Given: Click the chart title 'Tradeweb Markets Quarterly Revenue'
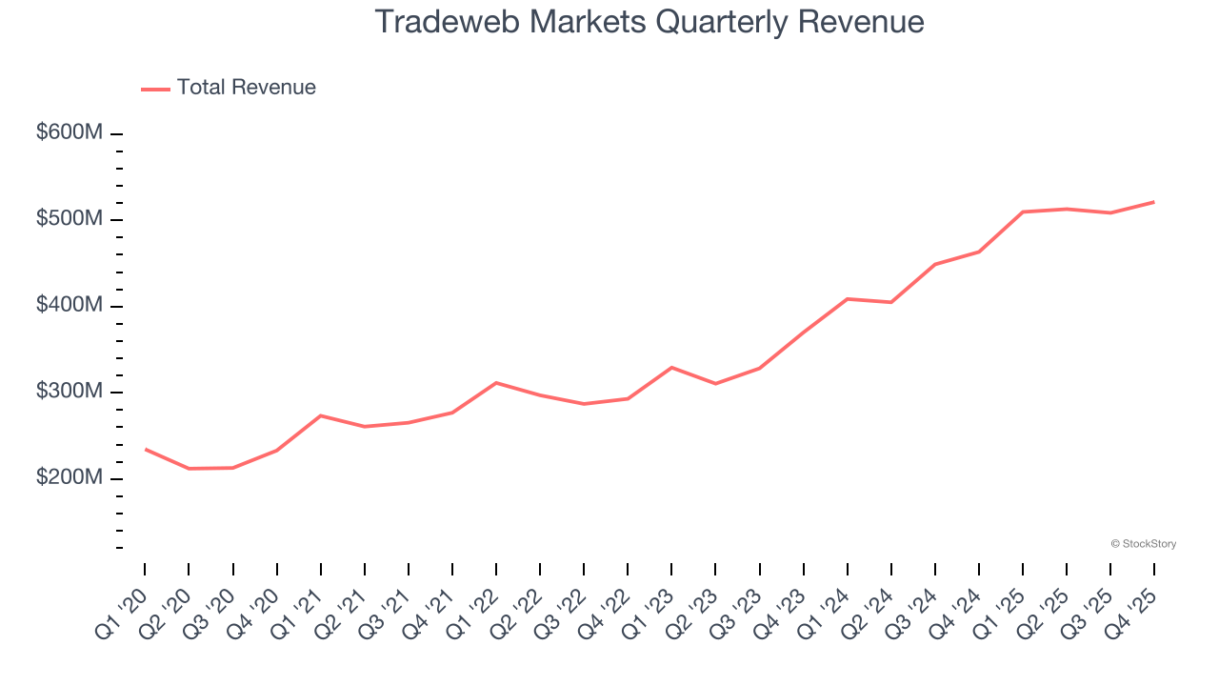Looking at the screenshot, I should point(649,22).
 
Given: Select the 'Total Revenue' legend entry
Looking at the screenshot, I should point(246,88).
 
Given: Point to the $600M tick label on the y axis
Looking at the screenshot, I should point(70,133).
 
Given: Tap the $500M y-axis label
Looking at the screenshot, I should point(70,219).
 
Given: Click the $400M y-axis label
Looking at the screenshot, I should point(70,306).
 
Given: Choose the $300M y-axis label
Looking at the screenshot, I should point(70,392).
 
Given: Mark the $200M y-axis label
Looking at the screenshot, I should point(70,477).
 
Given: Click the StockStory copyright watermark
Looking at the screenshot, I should point(1143,544).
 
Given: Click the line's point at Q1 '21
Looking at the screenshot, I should point(321,415).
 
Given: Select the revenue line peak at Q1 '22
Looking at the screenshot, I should point(496,382).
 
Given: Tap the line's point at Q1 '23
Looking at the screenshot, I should point(671,367).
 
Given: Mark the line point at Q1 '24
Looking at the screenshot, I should point(847,299).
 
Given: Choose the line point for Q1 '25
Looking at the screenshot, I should point(1023,212).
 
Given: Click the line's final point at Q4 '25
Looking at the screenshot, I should point(1153,202).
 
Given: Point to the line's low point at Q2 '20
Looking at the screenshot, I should point(189,469).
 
